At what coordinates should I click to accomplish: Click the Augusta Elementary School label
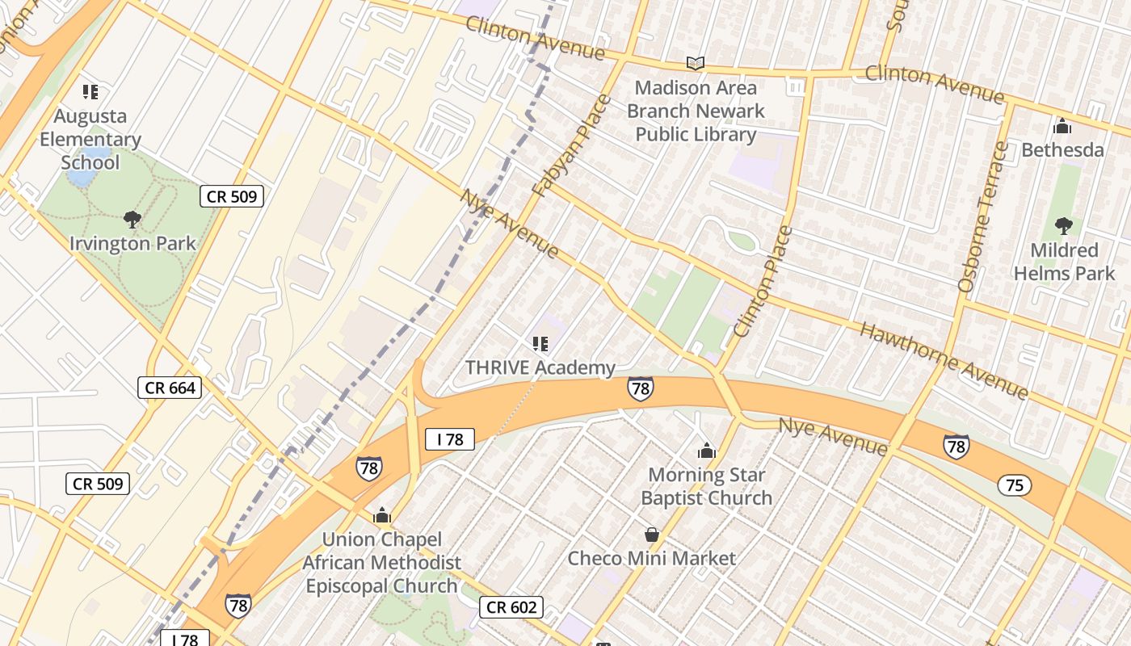click(x=90, y=140)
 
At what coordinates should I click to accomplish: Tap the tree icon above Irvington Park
click(x=132, y=219)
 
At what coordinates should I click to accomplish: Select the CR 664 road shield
click(x=170, y=388)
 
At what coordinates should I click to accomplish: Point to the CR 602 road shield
click(x=511, y=606)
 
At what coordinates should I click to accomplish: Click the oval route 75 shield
click(x=1014, y=484)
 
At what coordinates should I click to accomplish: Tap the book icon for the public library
click(x=695, y=63)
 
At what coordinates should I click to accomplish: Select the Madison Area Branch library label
click(x=696, y=111)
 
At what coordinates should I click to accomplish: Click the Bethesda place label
click(x=1062, y=150)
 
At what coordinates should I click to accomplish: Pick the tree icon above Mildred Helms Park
click(x=1063, y=226)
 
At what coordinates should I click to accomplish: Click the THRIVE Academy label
click(x=540, y=368)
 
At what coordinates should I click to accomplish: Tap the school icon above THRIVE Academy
click(x=540, y=345)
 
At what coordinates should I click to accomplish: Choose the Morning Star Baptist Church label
click(x=707, y=486)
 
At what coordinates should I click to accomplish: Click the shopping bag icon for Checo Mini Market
click(x=651, y=535)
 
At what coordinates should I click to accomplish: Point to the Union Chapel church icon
click(x=381, y=515)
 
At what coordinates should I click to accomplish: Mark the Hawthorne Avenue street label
click(x=944, y=360)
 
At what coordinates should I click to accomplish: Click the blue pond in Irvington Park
click(x=83, y=170)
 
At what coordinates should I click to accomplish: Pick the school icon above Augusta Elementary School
click(x=90, y=92)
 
